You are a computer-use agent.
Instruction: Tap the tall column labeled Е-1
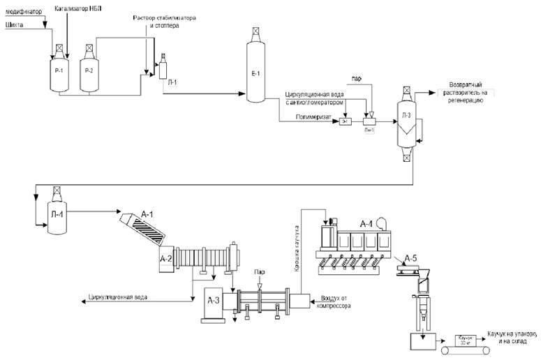255,70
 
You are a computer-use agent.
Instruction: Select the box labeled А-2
167,259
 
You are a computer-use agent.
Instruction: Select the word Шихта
15,24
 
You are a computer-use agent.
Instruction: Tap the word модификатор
23,12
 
